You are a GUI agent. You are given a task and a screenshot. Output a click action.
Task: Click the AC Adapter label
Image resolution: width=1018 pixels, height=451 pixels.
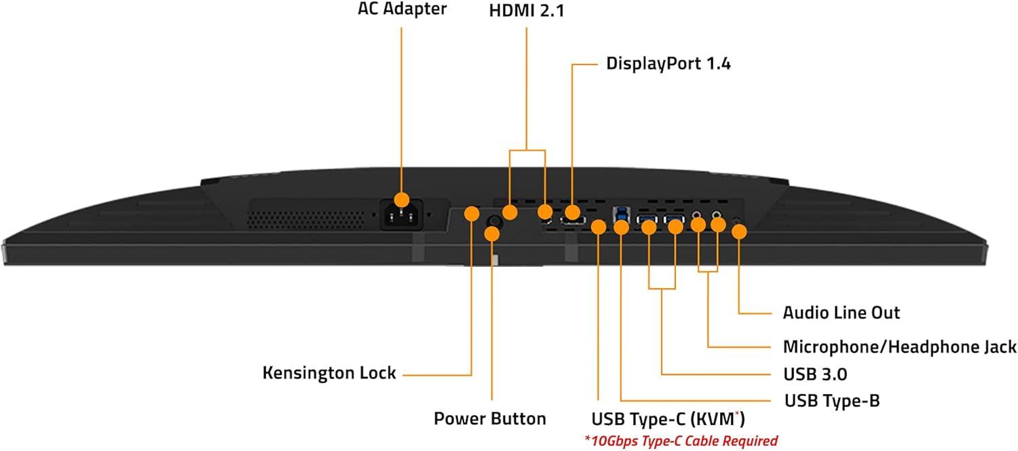[x=402, y=10]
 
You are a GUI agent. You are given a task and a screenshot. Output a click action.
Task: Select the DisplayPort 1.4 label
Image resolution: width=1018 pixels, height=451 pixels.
[x=668, y=64]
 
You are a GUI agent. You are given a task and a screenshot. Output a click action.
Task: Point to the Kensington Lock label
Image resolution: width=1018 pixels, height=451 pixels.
[x=329, y=373]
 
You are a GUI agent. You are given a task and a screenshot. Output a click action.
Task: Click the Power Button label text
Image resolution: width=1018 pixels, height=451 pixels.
[x=490, y=418]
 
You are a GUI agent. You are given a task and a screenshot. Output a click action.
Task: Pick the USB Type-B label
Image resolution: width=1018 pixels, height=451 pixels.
[x=832, y=401]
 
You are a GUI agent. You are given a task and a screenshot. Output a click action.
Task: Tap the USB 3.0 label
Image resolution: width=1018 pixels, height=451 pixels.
[x=815, y=374]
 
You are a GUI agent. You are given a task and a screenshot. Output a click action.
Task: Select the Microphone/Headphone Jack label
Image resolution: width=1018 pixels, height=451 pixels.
[x=899, y=347]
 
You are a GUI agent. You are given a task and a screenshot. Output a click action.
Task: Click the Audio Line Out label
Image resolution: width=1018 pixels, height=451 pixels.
[x=842, y=312]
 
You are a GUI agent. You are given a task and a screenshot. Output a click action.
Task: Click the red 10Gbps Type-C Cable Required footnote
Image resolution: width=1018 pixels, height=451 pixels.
[x=681, y=441]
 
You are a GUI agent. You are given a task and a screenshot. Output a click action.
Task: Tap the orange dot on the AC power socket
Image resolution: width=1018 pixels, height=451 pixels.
[x=402, y=200]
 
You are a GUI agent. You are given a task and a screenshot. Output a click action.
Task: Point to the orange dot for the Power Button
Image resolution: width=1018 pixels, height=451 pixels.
[x=493, y=234]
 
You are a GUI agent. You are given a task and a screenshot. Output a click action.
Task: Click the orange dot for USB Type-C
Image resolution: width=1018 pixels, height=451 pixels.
[x=598, y=227]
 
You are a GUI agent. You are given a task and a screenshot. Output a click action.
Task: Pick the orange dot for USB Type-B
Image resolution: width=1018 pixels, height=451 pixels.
[x=621, y=227]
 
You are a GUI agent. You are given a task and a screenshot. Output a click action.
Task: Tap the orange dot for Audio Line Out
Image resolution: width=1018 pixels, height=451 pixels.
[x=739, y=231]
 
